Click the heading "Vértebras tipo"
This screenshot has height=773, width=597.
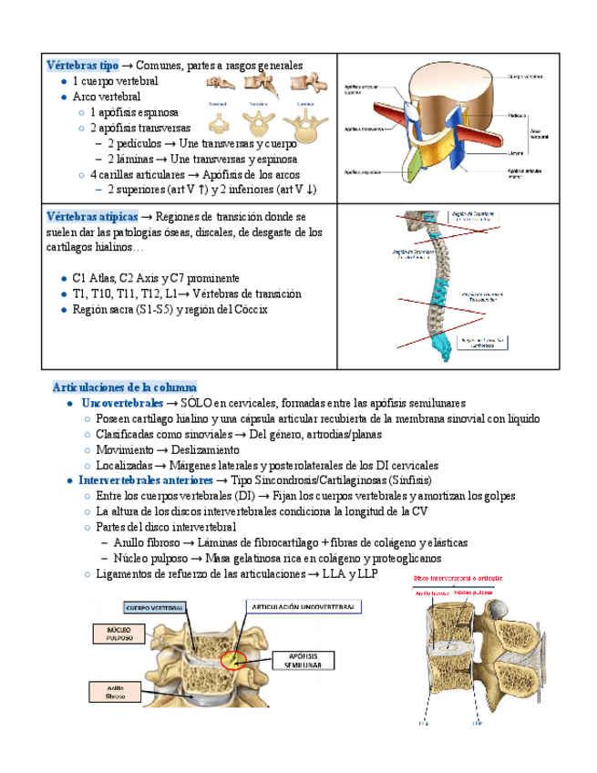pos(82,66)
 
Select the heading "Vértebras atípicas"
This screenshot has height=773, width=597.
pos(91,217)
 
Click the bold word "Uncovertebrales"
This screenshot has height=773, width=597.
pos(121,403)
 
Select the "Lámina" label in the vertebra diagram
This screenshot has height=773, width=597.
pos(518,152)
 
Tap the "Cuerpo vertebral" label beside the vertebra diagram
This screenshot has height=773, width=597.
pos(526,77)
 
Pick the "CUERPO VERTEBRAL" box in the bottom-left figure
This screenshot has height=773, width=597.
pos(155,607)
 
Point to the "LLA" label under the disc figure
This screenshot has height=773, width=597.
pos(424,726)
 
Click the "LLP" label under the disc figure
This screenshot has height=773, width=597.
pos(477,726)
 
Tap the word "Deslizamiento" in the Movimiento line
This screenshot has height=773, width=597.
pos(209,449)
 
